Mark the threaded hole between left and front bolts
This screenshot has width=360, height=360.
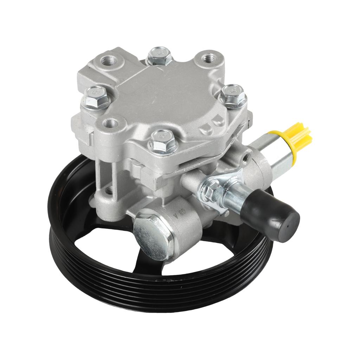tap(111, 123)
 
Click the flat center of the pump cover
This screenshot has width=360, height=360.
tap(165, 95)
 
